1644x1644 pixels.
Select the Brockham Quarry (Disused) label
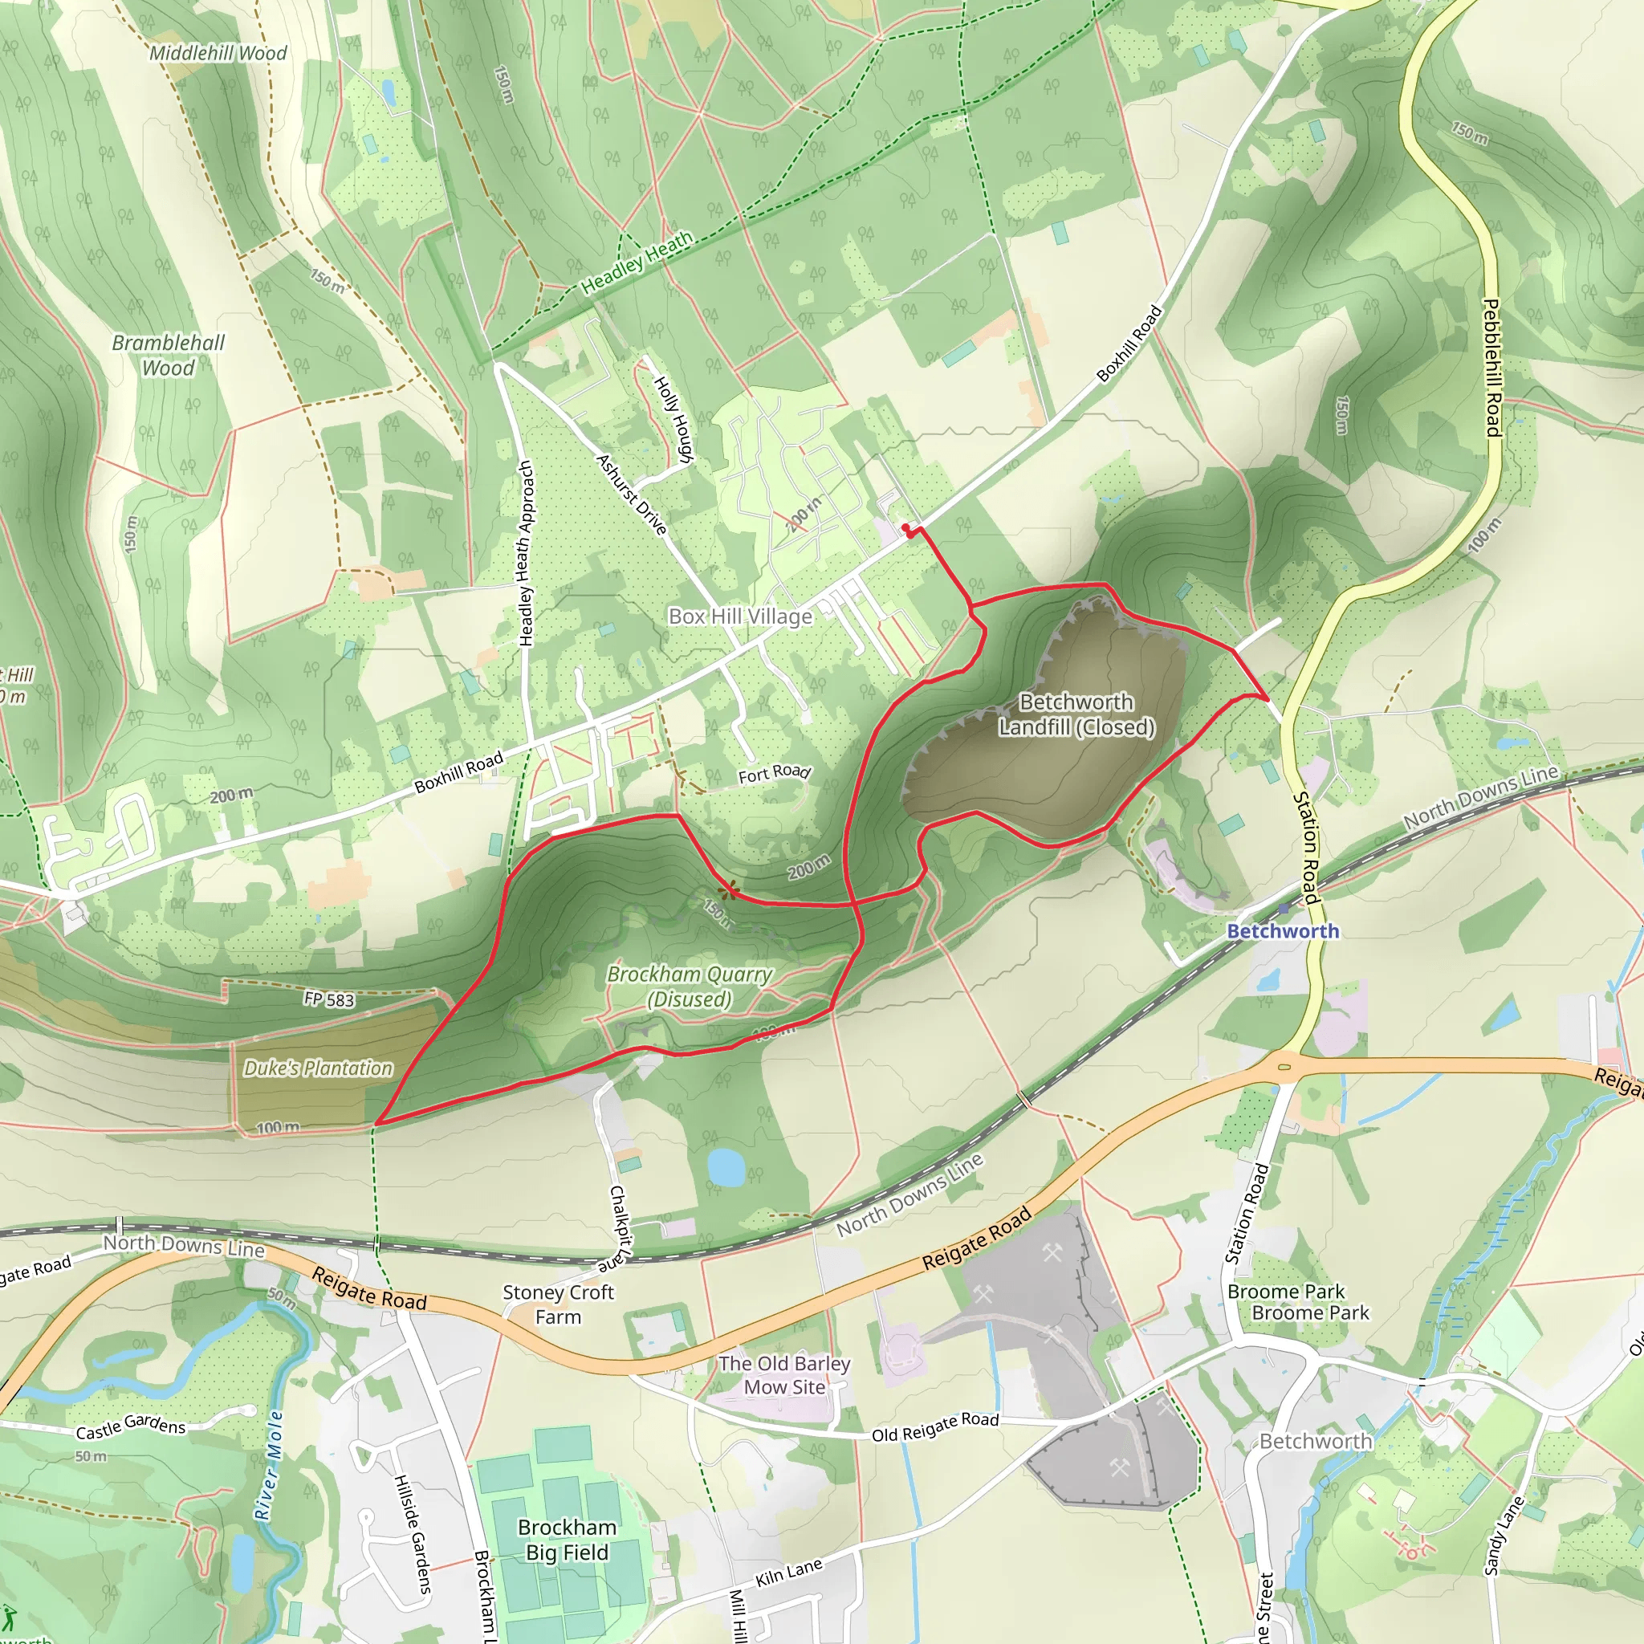tap(690, 987)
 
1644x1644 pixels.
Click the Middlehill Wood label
tap(218, 53)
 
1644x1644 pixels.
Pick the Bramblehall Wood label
tap(169, 355)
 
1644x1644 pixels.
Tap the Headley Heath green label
tap(637, 263)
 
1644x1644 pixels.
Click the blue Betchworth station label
tap(1282, 931)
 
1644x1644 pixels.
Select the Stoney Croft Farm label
tap(558, 1304)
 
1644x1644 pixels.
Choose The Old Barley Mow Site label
tap(783, 1375)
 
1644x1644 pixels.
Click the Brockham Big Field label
tap(567, 1540)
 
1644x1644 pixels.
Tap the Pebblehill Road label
tap(1491, 368)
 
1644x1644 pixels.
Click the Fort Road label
tap(774, 773)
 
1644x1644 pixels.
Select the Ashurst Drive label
tap(632, 494)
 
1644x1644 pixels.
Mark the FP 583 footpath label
tap(328, 999)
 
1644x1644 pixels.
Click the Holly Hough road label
tap(673, 419)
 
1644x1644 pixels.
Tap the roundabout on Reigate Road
tap(1284, 1065)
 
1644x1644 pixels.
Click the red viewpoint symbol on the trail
tap(727, 891)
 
